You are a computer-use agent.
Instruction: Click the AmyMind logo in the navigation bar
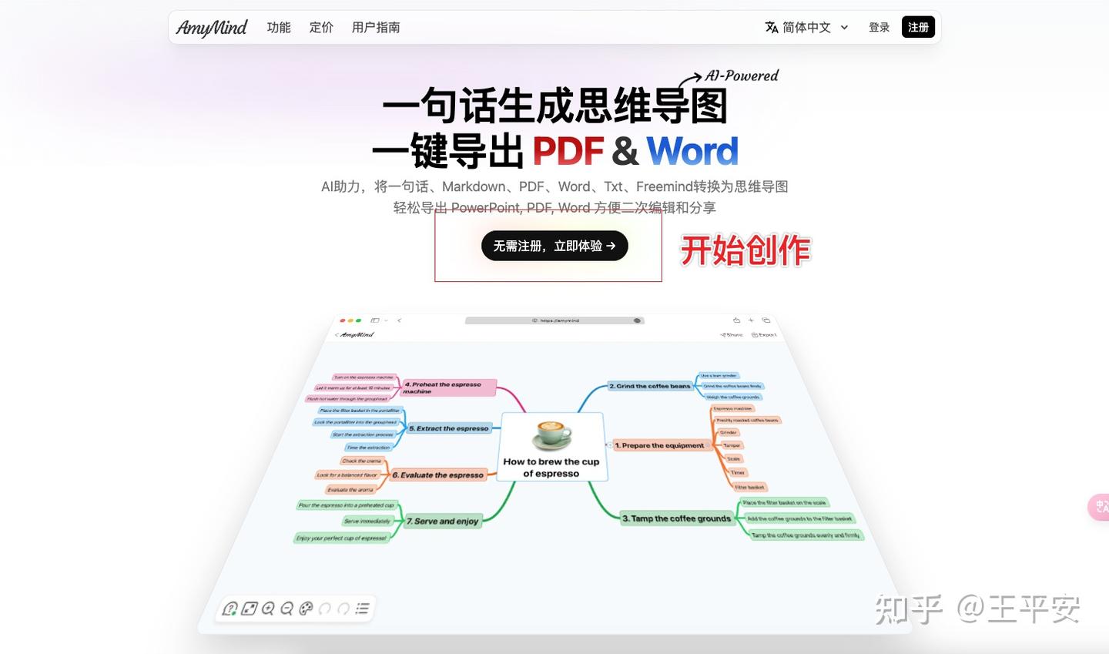coord(211,28)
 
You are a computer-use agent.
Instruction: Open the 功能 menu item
coord(279,28)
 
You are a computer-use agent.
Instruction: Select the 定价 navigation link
coord(321,28)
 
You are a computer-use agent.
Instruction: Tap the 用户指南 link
coord(376,28)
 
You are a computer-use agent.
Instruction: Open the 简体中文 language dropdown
coord(806,28)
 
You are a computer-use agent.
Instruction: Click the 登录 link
coord(879,28)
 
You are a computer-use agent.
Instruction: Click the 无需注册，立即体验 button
coord(554,246)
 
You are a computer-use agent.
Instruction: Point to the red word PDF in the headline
coord(568,151)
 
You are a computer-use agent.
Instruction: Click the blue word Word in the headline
coord(692,151)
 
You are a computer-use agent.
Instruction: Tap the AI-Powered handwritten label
coord(741,75)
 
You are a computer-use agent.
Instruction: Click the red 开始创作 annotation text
coord(745,250)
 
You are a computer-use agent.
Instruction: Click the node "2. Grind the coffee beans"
coord(649,386)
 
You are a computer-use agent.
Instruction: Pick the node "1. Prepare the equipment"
coord(659,445)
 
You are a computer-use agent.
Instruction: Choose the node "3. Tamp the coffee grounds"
coord(676,518)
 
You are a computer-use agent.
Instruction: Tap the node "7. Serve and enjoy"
coord(442,522)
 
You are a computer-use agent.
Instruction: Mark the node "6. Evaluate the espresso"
coord(437,475)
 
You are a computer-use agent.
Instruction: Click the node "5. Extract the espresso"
coord(448,428)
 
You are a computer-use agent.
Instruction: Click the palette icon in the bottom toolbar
coord(306,609)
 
